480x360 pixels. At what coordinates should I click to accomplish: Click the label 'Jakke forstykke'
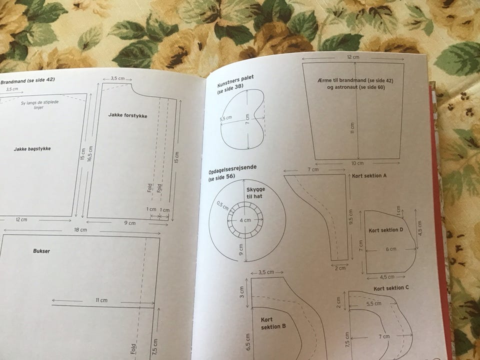pos(127,115)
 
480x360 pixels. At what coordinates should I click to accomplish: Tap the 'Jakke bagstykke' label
pos(32,148)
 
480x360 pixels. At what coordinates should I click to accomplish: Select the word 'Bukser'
pos(41,251)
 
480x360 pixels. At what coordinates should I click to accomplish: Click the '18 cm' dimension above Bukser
pos(80,230)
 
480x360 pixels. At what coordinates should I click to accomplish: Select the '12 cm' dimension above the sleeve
pos(353,57)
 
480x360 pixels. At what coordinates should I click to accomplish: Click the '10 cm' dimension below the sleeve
pos(357,163)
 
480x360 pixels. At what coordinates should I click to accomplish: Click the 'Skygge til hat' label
pos(254,192)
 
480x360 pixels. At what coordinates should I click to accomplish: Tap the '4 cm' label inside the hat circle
pos(245,220)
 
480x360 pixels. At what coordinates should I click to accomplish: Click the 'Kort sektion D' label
pos(385,230)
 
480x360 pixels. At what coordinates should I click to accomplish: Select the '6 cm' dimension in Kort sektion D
pos(390,249)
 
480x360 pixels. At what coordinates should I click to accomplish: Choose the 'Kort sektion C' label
pos(391,288)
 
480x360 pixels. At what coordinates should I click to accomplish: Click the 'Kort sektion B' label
pos(273,323)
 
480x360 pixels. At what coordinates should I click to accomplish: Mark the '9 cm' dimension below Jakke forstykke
pos(129,223)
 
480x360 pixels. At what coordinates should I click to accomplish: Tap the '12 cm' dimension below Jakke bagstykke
pos(21,220)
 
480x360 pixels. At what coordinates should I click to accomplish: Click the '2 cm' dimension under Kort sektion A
pos(340,268)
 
